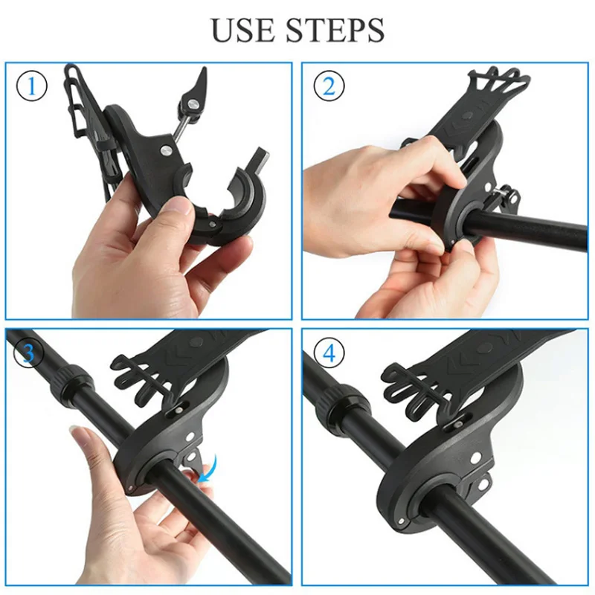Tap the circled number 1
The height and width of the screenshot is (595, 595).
[x=31, y=86]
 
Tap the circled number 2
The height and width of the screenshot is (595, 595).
[x=328, y=86]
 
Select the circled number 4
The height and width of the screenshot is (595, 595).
[x=328, y=353]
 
